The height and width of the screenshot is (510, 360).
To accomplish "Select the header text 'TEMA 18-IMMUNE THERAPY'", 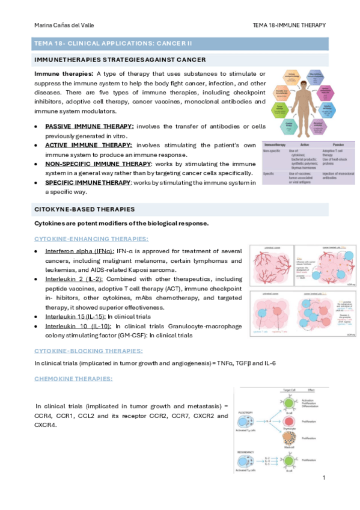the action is (290, 25).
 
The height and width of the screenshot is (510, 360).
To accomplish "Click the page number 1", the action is (324, 478).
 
